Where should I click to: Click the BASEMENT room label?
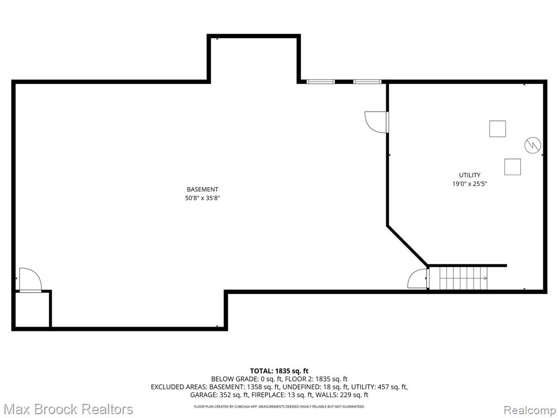202,189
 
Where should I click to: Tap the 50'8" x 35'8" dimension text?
203,198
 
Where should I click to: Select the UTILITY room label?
469,175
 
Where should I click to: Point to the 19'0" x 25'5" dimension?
469,184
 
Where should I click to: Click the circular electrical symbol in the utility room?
533,145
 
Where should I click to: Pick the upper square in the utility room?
498,128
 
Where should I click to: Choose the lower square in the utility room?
512,167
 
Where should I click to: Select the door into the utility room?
377,122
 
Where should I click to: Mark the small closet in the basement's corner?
32,309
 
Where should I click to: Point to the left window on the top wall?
320,82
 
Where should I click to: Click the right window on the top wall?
367,82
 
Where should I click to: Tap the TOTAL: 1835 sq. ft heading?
279,371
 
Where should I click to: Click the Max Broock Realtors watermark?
68,409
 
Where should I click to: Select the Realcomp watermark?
529,410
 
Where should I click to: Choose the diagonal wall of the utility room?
408,245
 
